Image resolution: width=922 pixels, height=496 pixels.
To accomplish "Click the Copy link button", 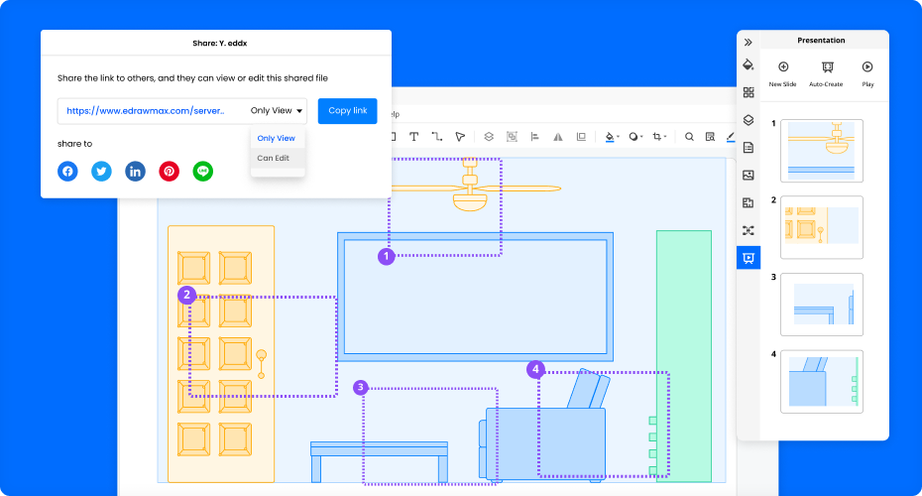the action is (348, 111).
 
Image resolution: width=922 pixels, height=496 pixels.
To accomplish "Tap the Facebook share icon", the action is (67, 172).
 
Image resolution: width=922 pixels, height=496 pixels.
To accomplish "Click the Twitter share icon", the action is (102, 172).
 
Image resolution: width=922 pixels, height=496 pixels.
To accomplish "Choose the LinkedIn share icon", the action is (135, 172).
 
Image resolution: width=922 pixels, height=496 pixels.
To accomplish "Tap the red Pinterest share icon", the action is (170, 172).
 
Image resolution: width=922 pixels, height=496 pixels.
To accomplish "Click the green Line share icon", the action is (203, 172).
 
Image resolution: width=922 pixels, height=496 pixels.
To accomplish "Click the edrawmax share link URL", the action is (145, 111).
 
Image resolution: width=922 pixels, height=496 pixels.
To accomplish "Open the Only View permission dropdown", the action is (277, 111).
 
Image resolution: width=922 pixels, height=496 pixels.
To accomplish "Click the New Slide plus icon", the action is (783, 66).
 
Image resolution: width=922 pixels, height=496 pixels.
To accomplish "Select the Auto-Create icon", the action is (828, 67).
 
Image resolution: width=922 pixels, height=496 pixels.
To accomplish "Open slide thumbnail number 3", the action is (822, 305).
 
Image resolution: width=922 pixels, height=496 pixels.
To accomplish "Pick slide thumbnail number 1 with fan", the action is (822, 151).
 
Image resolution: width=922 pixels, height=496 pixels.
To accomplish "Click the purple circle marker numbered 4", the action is (535, 369).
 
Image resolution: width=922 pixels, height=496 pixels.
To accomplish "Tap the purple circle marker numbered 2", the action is (187, 295).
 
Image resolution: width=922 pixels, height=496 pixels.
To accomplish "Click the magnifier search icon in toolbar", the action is (689, 137).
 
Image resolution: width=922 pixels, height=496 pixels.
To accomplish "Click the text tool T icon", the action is (414, 137).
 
